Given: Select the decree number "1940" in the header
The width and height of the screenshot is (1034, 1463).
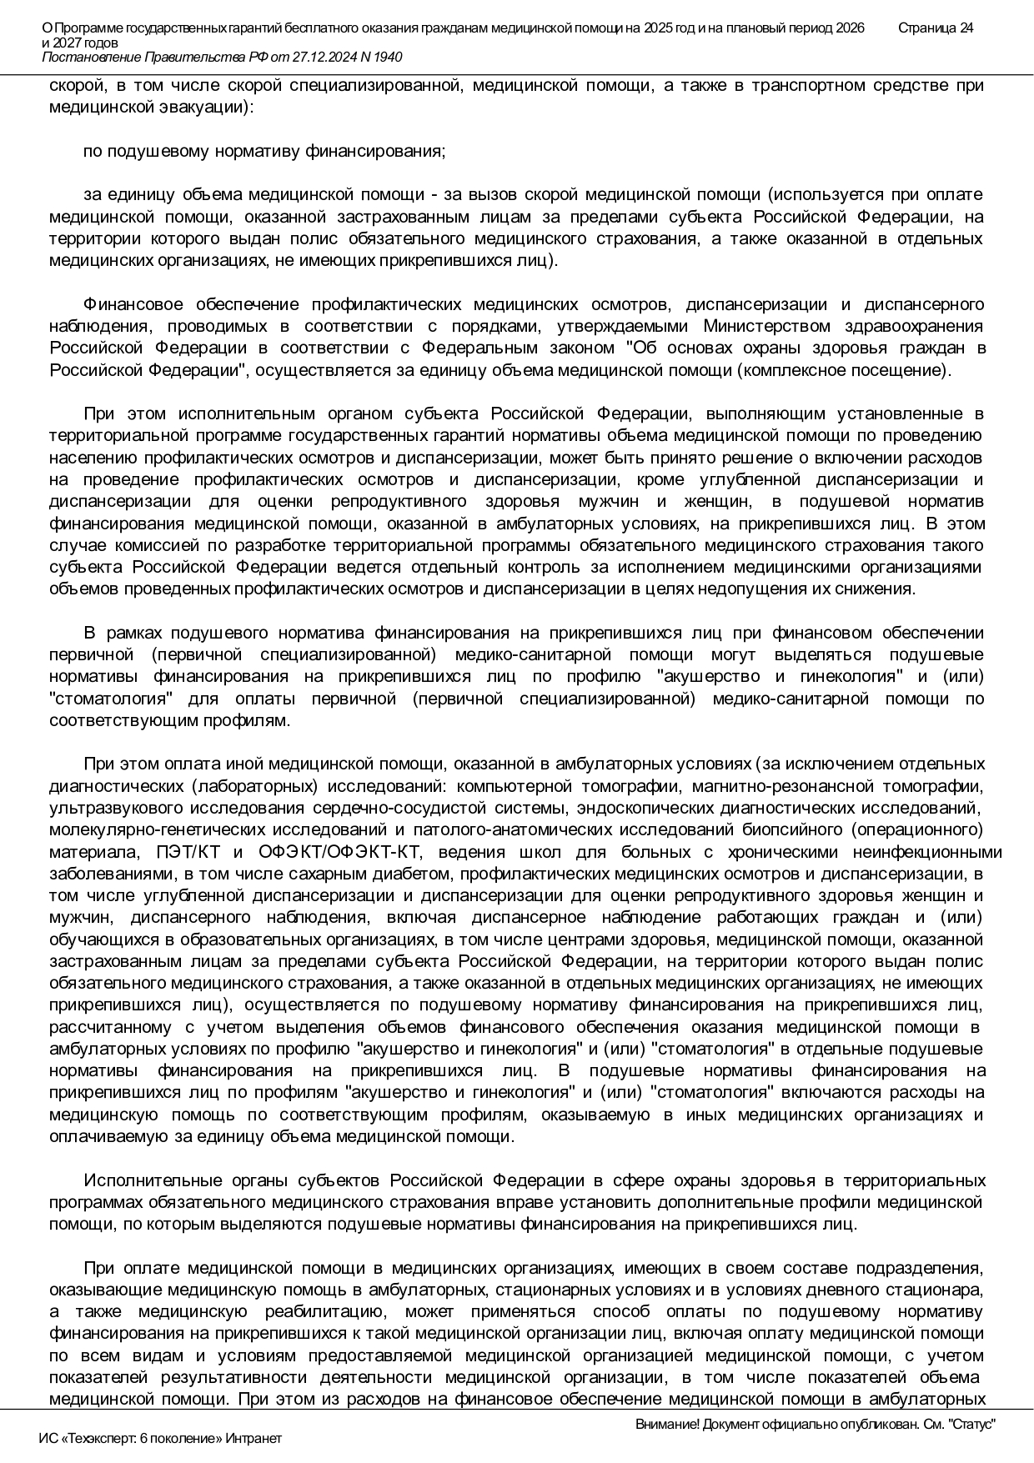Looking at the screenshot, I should [x=387, y=57].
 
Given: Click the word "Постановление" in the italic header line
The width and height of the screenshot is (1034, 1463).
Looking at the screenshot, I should [x=91, y=57].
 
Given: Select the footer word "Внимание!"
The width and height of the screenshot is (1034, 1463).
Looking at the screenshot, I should [x=667, y=1425].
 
